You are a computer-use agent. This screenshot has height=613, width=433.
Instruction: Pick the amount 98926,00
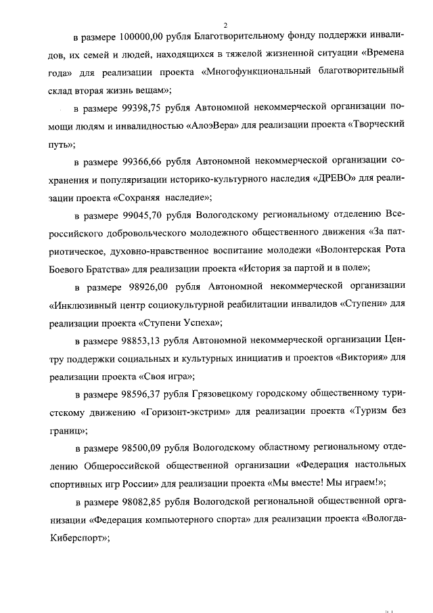click(143, 287)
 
